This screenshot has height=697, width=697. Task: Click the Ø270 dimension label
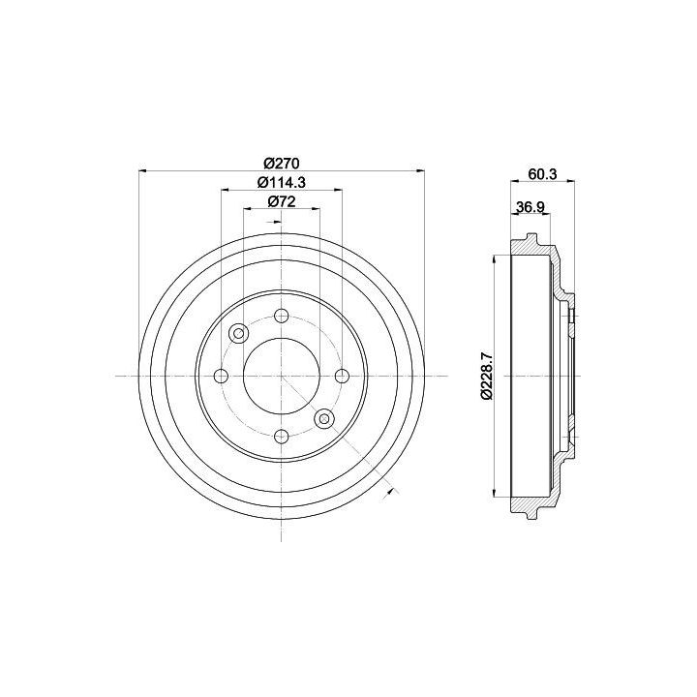[281, 164]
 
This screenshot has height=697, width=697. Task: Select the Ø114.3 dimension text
[282, 182]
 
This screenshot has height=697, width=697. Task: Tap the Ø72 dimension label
[282, 201]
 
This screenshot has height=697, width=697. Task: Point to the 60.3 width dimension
[542, 174]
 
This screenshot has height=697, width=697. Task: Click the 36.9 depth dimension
[530, 207]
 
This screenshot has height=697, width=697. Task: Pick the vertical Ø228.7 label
[487, 376]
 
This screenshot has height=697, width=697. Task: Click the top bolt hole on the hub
[282, 317]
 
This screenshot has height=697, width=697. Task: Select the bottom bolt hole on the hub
[282, 436]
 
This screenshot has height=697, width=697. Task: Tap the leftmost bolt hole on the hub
[222, 376]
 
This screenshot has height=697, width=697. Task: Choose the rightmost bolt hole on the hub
[342, 376]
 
